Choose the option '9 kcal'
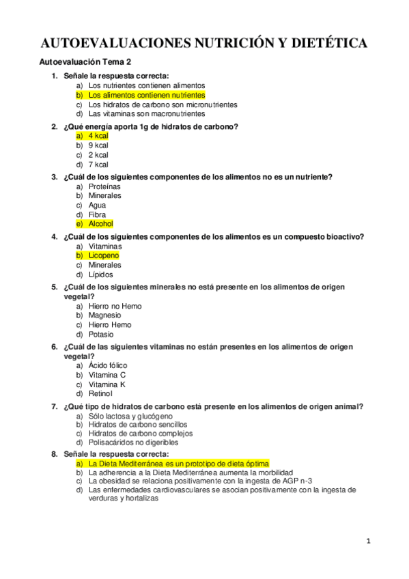pyautogui.click(x=98, y=145)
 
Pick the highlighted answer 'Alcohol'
pyautogui.click(x=100, y=224)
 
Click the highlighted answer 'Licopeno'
pyautogui.click(x=104, y=255)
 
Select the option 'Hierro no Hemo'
pyautogui.click(x=115, y=307)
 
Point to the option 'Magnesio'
pyautogui.click(x=104, y=315)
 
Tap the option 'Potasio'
pyautogui.click(x=101, y=335)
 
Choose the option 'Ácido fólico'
pyautogui.click(x=108, y=365)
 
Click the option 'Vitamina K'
pyautogui.click(x=107, y=384)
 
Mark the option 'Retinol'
pyautogui.click(x=100, y=394)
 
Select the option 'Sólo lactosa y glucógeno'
pyautogui.click(x=130, y=416)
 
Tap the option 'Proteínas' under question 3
pyautogui.click(x=104, y=186)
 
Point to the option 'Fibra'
pyautogui.click(x=97, y=214)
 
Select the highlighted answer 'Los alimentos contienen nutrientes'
pyautogui.click(x=146, y=96)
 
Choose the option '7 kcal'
pyautogui.click(x=98, y=165)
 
